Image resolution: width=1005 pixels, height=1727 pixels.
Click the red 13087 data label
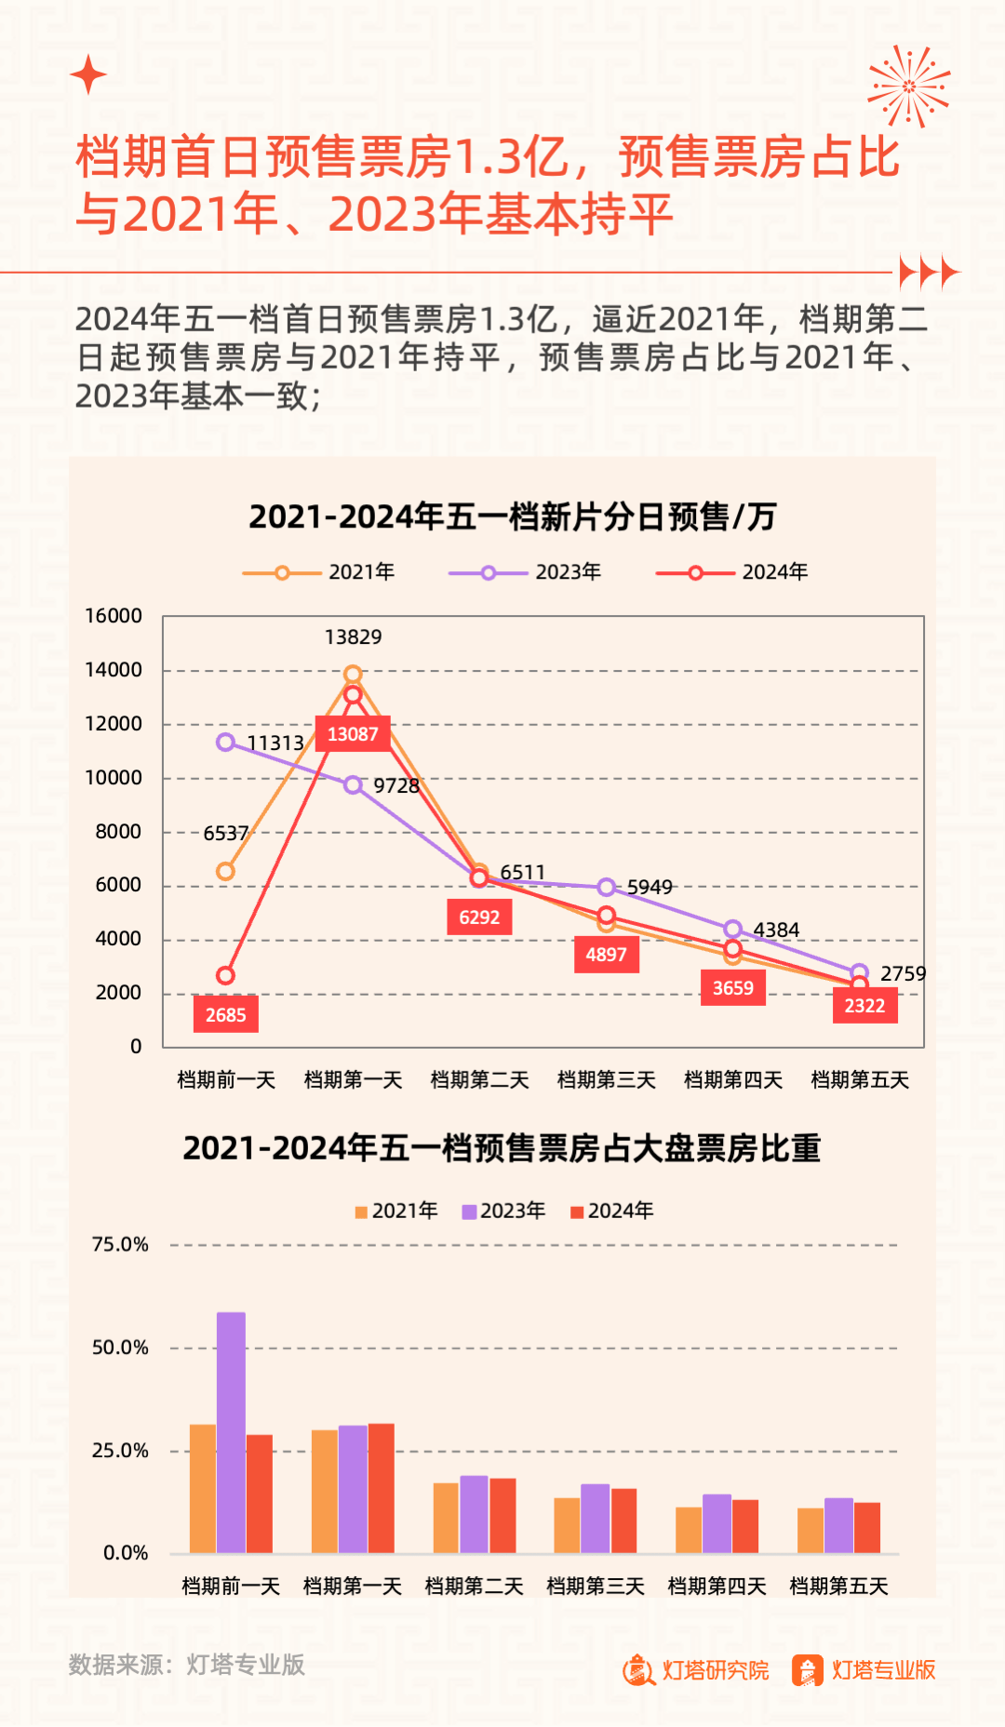pyautogui.click(x=353, y=734)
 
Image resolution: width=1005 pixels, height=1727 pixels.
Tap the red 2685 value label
pyautogui.click(x=226, y=1014)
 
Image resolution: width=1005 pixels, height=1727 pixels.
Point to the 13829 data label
pyautogui.click(x=353, y=637)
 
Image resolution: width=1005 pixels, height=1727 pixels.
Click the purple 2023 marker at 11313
pyautogui.click(x=225, y=742)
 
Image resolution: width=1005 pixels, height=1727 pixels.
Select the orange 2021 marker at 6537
pyautogui.click(x=225, y=872)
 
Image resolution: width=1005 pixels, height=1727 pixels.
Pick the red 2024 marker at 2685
pyautogui.click(x=225, y=975)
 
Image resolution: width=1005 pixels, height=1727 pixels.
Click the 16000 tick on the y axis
pyautogui.click(x=114, y=616)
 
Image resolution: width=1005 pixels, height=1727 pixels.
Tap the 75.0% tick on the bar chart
pyautogui.click(x=120, y=1245)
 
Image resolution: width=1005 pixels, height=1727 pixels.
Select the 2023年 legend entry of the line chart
pyautogui.click(x=526, y=572)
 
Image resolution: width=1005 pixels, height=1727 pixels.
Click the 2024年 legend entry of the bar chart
pyautogui.click(x=612, y=1211)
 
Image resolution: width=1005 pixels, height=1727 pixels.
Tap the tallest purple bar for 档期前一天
pyautogui.click(x=231, y=1432)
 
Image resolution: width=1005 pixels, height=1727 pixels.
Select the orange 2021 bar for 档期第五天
pyautogui.click(x=811, y=1530)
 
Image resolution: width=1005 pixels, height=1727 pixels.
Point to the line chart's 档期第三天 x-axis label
pyautogui.click(x=607, y=1080)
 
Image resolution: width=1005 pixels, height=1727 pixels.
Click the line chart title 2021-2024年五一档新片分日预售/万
pyautogui.click(x=512, y=516)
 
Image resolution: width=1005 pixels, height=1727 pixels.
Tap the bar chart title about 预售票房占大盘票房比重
pyautogui.click(x=502, y=1149)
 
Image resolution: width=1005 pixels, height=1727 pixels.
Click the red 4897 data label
pyautogui.click(x=606, y=955)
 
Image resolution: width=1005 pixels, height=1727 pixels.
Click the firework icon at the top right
pyautogui.click(x=909, y=86)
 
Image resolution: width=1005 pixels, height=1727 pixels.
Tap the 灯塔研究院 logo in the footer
pyautogui.click(x=696, y=1670)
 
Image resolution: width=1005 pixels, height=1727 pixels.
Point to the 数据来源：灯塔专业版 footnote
pyautogui.click(x=187, y=1665)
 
